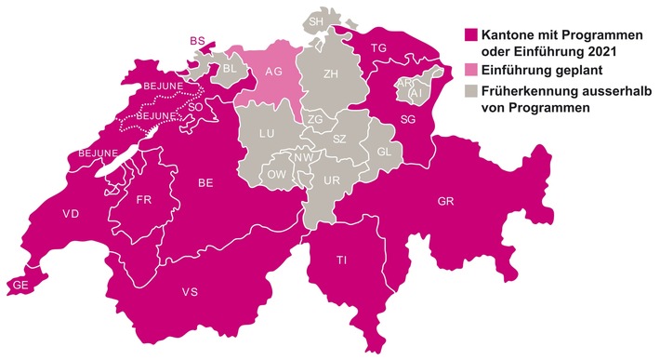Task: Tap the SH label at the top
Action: (x=317, y=21)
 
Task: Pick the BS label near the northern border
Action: (x=195, y=41)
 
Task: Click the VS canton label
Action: (x=190, y=293)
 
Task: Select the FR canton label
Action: (x=144, y=199)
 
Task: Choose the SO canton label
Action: (x=195, y=107)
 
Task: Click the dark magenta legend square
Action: (x=470, y=34)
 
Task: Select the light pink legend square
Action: (x=470, y=70)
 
